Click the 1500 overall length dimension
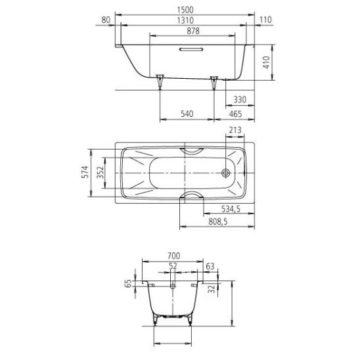(185, 10)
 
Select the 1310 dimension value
(185, 20)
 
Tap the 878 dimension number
(193, 31)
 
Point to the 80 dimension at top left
(106, 20)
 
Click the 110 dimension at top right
(265, 20)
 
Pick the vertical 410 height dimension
(266, 62)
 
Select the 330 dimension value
(240, 100)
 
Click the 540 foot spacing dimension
(187, 114)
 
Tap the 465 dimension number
(235, 114)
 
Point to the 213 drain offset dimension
(235, 130)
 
